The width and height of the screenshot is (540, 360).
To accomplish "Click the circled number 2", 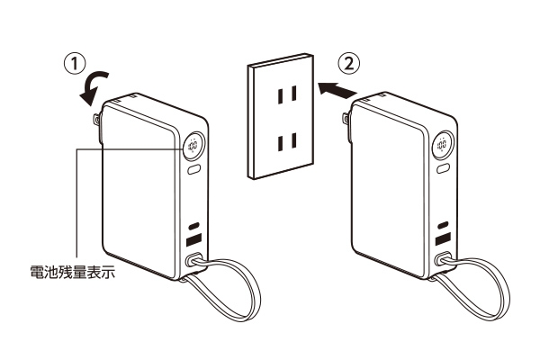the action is pyautogui.click(x=349, y=63).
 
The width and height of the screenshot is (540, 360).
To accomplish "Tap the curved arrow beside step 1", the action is pyautogui.click(x=92, y=86).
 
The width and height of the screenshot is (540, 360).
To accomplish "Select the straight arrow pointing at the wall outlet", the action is pyautogui.click(x=337, y=90).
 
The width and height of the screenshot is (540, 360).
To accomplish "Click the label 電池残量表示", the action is pyautogui.click(x=72, y=272).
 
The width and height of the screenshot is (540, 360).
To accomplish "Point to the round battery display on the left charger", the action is pyautogui.click(x=193, y=146).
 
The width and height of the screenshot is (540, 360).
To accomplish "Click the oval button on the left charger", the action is pyautogui.click(x=194, y=170).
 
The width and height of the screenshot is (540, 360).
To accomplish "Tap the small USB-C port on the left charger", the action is pyautogui.click(x=194, y=226).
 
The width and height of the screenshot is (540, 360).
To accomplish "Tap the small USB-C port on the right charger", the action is pyautogui.click(x=443, y=225).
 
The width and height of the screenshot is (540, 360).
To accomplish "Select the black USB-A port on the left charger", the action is pyautogui.click(x=193, y=239).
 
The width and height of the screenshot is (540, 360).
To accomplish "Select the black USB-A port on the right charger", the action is pyautogui.click(x=443, y=238).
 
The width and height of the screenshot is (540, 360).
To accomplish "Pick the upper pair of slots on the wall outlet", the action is pyautogui.click(x=287, y=94).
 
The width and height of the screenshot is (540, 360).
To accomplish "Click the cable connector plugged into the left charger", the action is pyautogui.click(x=193, y=259).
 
